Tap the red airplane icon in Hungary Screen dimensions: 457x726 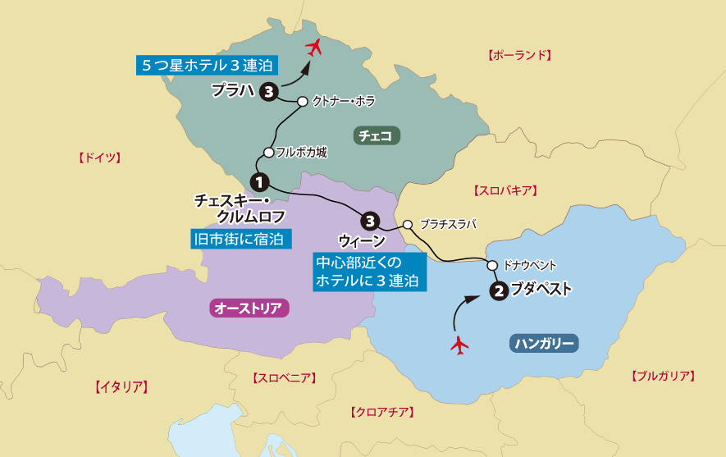pos(459,345)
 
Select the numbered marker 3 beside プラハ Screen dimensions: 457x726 pos(267,92)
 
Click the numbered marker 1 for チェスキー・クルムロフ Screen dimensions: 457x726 pos(258,181)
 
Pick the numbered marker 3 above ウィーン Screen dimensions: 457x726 pos(370,220)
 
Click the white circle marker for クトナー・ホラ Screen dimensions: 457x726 pos(303,102)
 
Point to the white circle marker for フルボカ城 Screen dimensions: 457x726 pos(268,152)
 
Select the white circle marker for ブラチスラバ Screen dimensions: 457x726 pos(408,223)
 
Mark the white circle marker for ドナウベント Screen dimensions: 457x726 pos(492,265)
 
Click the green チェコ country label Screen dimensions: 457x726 pos(377,135)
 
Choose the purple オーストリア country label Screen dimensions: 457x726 pos(248,308)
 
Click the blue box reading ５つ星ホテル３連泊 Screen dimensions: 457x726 pos(206,64)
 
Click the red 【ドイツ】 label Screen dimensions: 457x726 pos(98,157)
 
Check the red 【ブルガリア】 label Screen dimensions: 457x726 pos(663,377)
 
